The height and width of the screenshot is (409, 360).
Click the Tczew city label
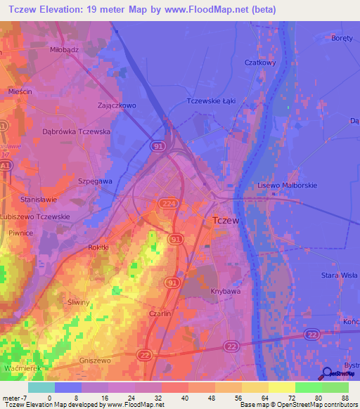coord(226,221)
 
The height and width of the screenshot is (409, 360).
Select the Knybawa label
coord(224,290)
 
